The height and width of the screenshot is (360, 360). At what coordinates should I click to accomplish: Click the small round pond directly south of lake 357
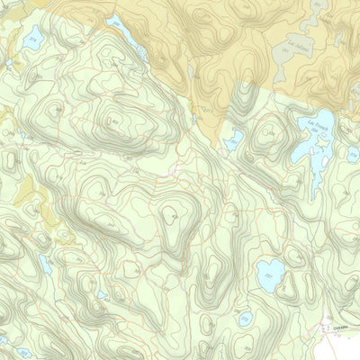point(245,317)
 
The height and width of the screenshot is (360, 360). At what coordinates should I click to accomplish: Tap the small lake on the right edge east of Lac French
point(353,155)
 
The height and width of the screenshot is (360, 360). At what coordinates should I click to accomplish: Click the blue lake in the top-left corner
point(34,38)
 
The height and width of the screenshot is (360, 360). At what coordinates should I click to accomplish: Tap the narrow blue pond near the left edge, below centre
point(45,265)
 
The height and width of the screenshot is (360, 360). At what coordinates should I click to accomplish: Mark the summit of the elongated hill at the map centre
point(173,216)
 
